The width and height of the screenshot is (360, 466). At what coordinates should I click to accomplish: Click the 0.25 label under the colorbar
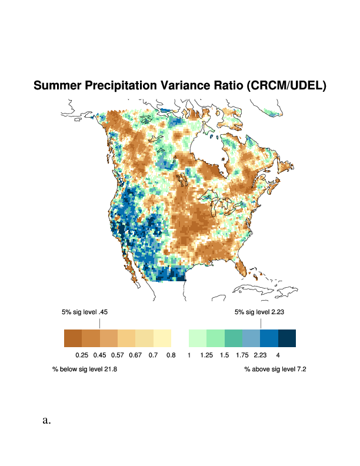[x=82, y=355]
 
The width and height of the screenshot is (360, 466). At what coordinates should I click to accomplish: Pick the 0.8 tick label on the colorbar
[x=171, y=355]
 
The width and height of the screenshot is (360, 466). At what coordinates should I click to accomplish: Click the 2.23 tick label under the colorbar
[x=260, y=355]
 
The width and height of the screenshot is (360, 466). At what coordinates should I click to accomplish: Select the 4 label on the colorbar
[x=278, y=355]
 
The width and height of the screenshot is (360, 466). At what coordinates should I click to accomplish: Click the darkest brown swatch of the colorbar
[x=73, y=338]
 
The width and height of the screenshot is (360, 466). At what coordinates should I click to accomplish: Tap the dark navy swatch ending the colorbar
[x=286, y=338]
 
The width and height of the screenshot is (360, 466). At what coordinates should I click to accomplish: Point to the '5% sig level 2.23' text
[x=259, y=312]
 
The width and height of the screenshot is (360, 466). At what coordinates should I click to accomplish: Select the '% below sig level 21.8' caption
[x=85, y=370]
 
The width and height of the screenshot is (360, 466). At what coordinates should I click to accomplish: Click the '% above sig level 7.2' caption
[x=275, y=370]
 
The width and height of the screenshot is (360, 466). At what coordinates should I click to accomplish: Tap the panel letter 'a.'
[x=47, y=420]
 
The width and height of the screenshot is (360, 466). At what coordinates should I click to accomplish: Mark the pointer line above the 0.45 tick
[x=99, y=323]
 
